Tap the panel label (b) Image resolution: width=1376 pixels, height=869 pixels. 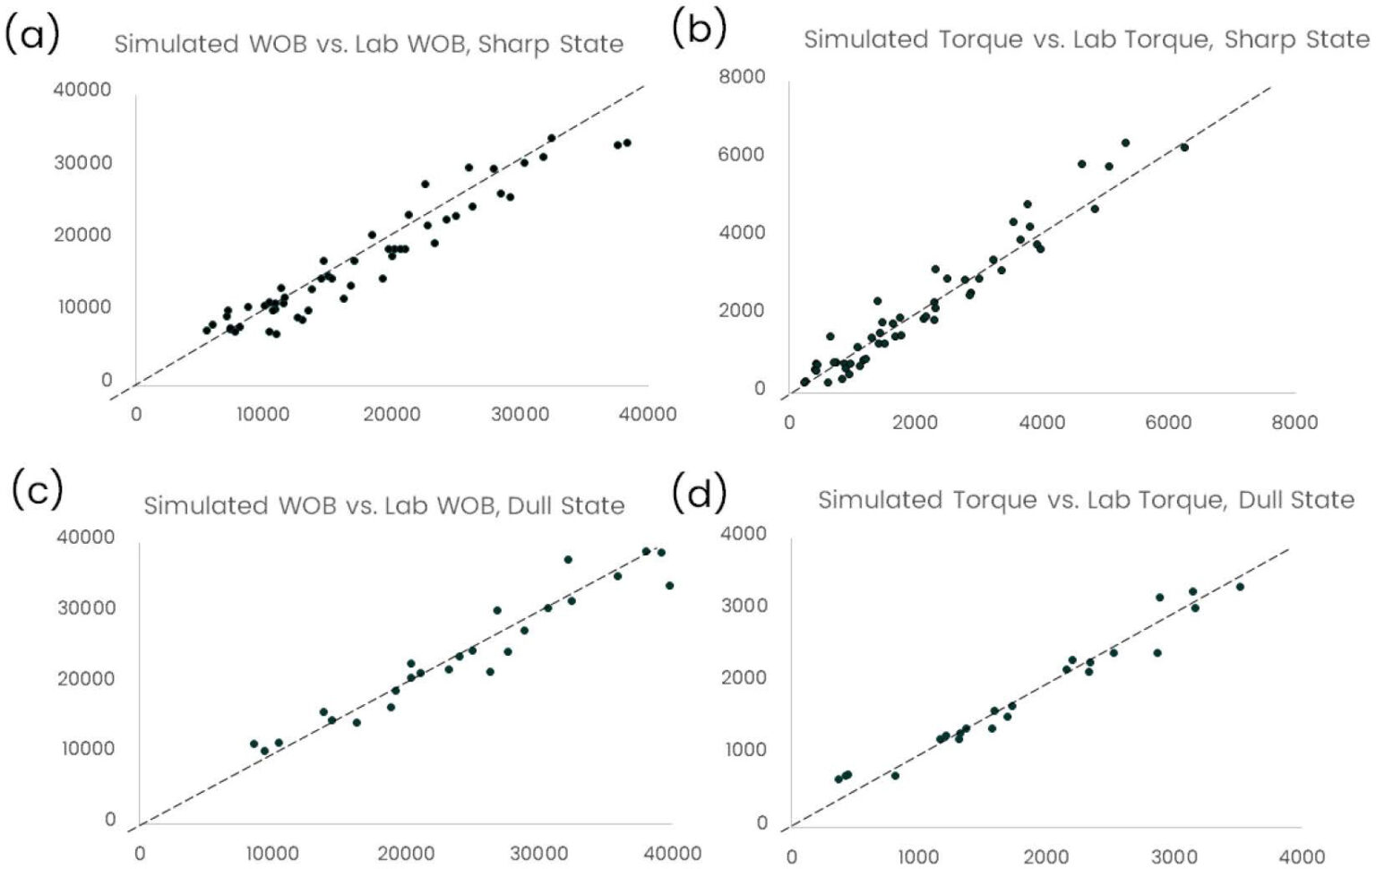click(698, 29)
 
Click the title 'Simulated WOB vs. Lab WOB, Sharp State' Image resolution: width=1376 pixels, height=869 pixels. click(368, 44)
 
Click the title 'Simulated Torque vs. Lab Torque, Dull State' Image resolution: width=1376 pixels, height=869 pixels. click(1086, 500)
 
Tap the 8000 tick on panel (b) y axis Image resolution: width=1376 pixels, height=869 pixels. click(742, 77)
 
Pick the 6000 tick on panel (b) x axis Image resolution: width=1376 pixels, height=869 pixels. click(1168, 422)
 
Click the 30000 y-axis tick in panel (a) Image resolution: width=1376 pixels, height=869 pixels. click(82, 162)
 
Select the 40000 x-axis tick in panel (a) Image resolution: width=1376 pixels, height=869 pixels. click(649, 414)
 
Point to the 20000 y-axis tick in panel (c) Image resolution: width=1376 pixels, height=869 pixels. click(86, 678)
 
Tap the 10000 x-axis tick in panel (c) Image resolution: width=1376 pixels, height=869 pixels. click(272, 853)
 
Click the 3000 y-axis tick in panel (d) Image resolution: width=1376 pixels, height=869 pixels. click(744, 606)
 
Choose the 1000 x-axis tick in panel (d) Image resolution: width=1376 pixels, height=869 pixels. click(918, 856)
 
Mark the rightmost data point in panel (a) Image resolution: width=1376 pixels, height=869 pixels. click(627, 142)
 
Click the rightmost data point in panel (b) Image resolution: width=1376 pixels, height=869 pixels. click(1184, 147)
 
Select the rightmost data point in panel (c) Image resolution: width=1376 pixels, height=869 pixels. click(669, 586)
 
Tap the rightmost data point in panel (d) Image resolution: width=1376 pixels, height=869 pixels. click(1240, 587)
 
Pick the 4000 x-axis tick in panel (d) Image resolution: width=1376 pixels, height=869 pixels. click(1301, 856)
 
